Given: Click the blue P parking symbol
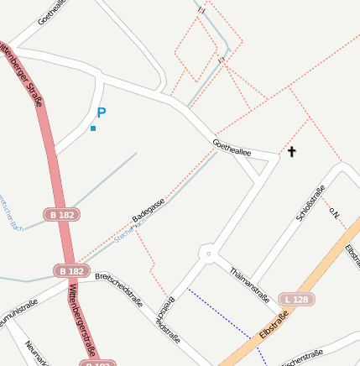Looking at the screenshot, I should (x=102, y=112).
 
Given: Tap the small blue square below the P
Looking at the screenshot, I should (x=93, y=128).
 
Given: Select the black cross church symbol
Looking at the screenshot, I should (x=292, y=152).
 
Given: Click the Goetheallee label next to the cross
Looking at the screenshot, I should (x=232, y=148).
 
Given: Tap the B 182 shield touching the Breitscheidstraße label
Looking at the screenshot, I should (x=71, y=271).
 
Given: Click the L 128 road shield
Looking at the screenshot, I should (x=296, y=300).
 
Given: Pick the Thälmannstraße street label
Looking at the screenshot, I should (x=248, y=285).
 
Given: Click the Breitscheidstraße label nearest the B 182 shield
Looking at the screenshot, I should (x=118, y=290).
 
